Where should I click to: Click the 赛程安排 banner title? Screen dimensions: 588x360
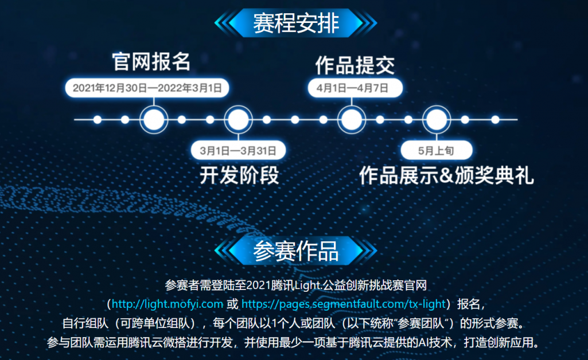(296, 23)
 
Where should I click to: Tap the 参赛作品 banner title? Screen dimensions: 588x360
(296, 251)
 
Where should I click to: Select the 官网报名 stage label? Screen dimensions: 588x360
(151, 62)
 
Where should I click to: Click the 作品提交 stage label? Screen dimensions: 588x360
(355, 65)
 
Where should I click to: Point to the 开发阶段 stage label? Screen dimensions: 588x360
(239, 175)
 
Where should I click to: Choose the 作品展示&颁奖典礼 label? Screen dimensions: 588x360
(446, 175)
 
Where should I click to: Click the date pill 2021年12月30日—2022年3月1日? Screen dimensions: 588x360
(147, 88)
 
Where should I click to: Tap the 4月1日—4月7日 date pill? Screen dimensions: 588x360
(355, 88)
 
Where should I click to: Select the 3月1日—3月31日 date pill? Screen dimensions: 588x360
(238, 151)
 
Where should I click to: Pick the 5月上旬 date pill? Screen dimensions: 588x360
(437, 151)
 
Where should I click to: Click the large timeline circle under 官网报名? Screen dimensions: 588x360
(154, 120)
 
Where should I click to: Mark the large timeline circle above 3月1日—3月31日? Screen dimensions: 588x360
(238, 120)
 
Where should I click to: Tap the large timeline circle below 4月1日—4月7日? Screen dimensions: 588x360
(352, 120)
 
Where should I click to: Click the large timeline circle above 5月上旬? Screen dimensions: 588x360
(437, 120)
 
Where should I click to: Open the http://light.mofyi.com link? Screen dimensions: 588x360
(168, 304)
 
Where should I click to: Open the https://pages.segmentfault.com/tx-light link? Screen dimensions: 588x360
(344, 304)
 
